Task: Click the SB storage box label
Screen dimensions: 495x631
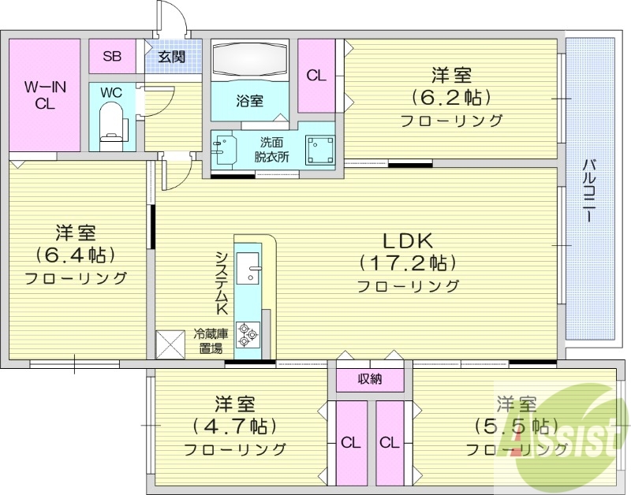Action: (x=112, y=56)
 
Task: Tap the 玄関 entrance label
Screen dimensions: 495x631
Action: (x=170, y=56)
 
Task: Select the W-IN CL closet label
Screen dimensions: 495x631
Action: (x=44, y=95)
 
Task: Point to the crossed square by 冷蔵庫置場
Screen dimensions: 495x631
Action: (x=170, y=343)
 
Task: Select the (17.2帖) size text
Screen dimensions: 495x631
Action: (x=408, y=262)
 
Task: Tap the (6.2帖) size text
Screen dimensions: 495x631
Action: (x=450, y=98)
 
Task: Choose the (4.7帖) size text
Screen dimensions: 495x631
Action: (x=234, y=426)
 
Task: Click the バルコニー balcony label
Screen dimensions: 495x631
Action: (x=589, y=192)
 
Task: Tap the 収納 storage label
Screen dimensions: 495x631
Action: (x=370, y=379)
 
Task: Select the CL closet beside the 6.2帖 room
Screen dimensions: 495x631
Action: (x=316, y=76)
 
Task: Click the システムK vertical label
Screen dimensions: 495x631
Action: (x=222, y=285)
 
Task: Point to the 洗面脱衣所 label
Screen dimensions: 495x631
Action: (x=271, y=149)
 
